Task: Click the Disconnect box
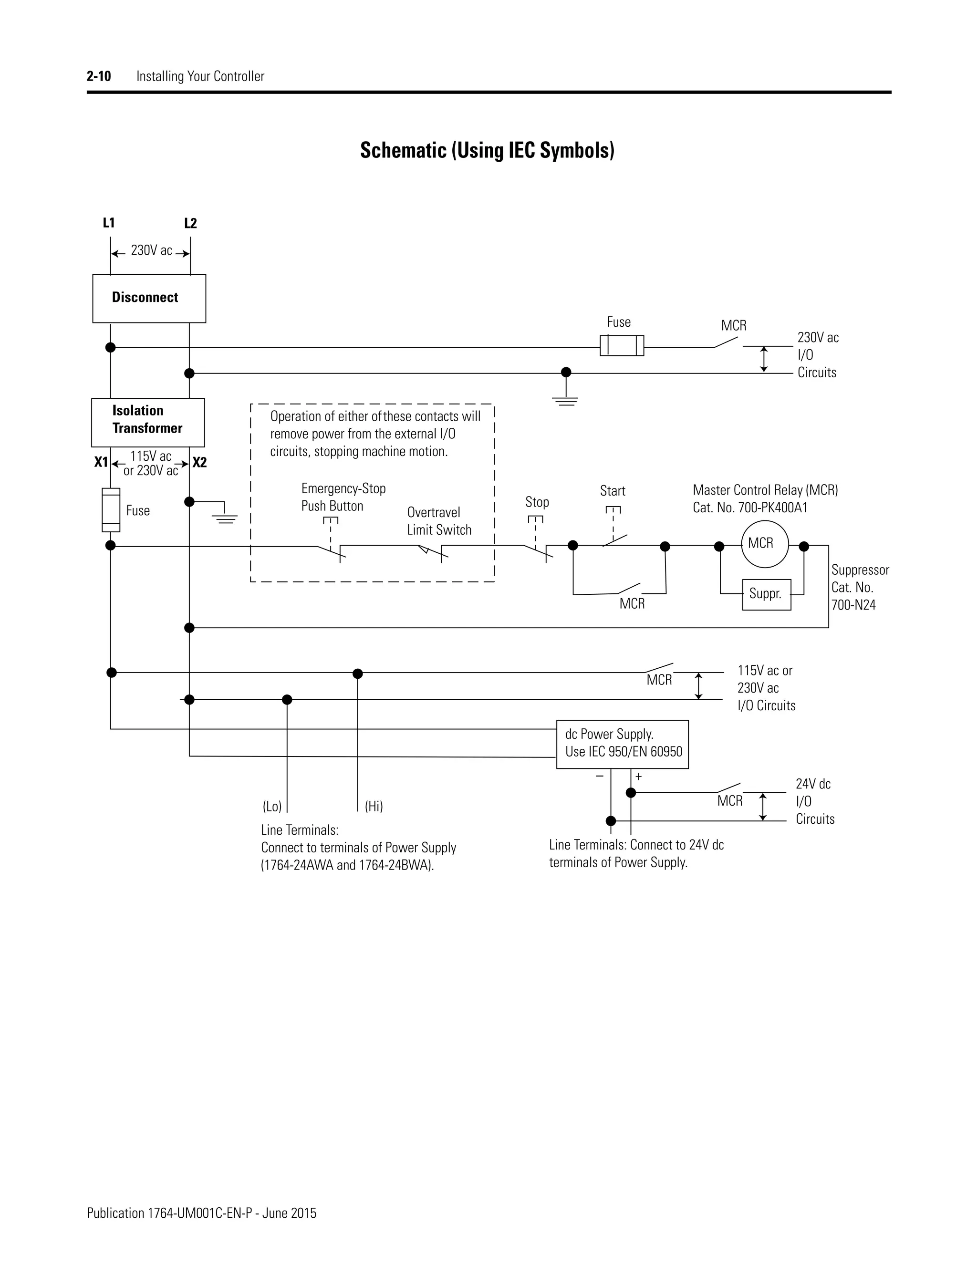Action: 149,298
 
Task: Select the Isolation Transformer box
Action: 147,422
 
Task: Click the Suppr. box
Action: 766,594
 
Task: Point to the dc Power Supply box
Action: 622,744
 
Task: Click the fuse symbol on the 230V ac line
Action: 622,345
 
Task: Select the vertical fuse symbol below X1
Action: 111,510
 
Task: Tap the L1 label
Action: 109,223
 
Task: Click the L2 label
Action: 190,223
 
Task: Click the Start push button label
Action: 613,491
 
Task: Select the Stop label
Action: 537,502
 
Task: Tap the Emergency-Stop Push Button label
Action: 343,497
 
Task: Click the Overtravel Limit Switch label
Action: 439,521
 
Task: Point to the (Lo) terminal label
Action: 272,806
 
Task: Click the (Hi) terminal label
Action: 374,806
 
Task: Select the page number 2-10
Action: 99,76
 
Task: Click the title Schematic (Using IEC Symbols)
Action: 487,150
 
